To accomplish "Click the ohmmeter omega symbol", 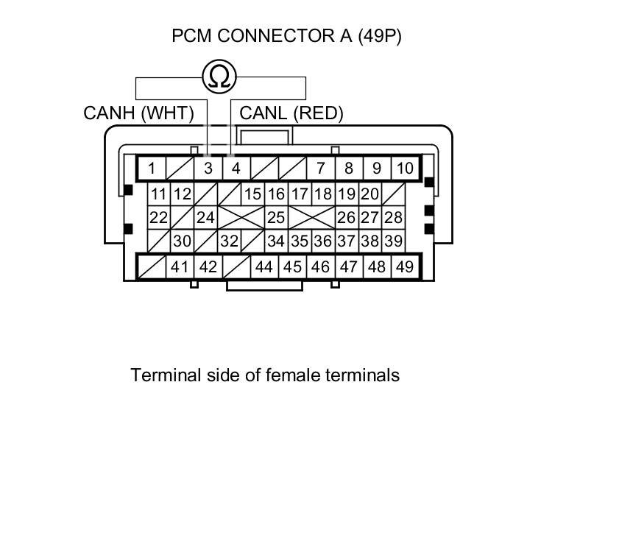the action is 220,77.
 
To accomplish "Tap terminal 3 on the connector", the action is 208,168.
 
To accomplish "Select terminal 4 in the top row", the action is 236,168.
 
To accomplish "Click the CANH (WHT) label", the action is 138,113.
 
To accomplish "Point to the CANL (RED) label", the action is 291,113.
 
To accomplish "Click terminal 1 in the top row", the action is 152,168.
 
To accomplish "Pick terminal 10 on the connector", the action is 405,168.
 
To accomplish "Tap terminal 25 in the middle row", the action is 276,217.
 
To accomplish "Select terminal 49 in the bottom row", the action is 405,266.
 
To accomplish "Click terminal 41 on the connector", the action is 180,266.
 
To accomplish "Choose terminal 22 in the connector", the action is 158,217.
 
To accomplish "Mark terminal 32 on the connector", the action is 230,241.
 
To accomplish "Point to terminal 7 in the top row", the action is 320,168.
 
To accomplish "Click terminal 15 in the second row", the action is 253,194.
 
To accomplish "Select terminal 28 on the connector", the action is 394,217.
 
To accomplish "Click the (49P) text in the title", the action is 380,35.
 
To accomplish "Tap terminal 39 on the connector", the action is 394,241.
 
